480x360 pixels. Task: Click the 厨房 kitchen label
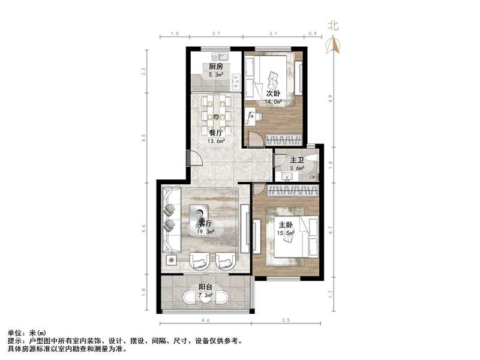coord(216,67)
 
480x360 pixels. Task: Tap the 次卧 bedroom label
coord(273,94)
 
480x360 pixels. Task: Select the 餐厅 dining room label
coord(216,133)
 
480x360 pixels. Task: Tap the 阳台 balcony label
coord(205,287)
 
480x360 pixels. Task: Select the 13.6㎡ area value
coord(216,142)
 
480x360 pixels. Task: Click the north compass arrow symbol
coord(334,45)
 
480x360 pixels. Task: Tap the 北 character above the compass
coord(334,25)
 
